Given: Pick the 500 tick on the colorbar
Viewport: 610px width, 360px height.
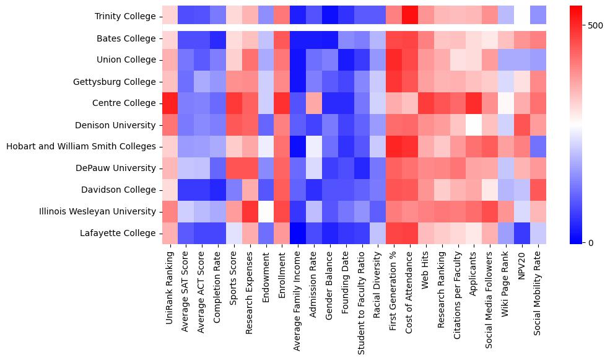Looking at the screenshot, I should pos(594,26).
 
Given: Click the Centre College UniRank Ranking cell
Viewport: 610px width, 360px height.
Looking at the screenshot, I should pos(170,103).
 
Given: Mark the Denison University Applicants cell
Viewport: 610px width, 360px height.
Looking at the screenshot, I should pos(475,125).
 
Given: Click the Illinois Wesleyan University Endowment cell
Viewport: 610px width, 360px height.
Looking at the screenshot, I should pos(266,212).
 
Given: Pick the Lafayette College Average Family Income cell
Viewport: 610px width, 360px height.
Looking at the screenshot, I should pos(298,234).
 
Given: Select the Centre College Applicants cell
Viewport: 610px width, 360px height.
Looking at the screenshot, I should pos(475,103).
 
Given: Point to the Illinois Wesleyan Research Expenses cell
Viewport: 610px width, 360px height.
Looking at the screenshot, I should pos(250,212).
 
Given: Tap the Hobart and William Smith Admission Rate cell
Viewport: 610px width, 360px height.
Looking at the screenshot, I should pos(315,147).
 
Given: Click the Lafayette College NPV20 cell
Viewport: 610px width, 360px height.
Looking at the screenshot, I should pos(523,234).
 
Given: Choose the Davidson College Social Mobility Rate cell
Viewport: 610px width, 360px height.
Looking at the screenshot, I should pos(539,190).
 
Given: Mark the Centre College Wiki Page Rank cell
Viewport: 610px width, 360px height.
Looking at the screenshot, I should pos(507,103).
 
